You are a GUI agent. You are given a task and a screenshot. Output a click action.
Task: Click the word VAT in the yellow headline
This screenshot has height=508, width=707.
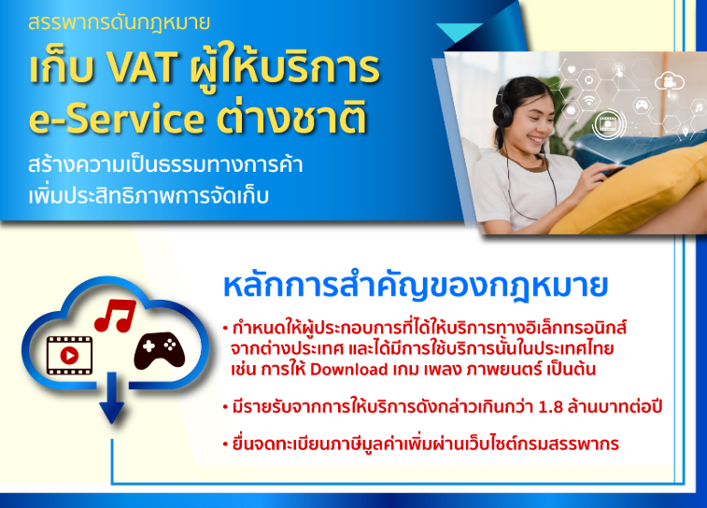coord(142,68)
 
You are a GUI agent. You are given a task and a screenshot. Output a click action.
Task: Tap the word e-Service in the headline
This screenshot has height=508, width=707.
coord(117,119)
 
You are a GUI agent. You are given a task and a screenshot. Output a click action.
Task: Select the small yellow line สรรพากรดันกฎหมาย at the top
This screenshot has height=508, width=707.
coord(119,22)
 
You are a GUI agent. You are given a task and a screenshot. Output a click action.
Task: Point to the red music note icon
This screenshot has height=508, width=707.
coord(116,315)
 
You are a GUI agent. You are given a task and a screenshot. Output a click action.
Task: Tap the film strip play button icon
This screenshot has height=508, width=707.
coord(69,355)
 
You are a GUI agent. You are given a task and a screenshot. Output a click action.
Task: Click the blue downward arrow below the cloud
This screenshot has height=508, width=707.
coord(111,398)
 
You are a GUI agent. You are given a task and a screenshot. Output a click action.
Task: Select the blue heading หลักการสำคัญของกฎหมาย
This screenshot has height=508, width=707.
coord(416,287)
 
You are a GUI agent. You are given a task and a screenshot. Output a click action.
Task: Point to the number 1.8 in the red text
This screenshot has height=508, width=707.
coord(551,407)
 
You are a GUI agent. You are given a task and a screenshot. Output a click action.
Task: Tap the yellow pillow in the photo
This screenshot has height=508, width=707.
coord(631,190)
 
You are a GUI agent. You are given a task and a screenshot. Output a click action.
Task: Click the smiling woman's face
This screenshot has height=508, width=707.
coord(533,121)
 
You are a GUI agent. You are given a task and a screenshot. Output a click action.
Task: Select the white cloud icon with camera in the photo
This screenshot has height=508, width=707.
coord(669,82)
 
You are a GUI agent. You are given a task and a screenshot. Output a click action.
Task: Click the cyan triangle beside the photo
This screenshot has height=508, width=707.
coord(459,32)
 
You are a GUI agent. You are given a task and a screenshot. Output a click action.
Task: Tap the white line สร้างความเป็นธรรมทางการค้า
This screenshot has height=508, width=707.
coord(165,165)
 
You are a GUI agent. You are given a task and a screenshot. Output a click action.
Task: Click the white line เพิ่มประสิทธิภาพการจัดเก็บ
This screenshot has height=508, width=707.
coord(148,196)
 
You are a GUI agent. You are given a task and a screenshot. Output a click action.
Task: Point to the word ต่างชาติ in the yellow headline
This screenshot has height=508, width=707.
coord(291,117)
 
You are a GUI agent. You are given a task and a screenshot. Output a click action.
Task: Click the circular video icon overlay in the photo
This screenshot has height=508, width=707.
coord(609,123)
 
